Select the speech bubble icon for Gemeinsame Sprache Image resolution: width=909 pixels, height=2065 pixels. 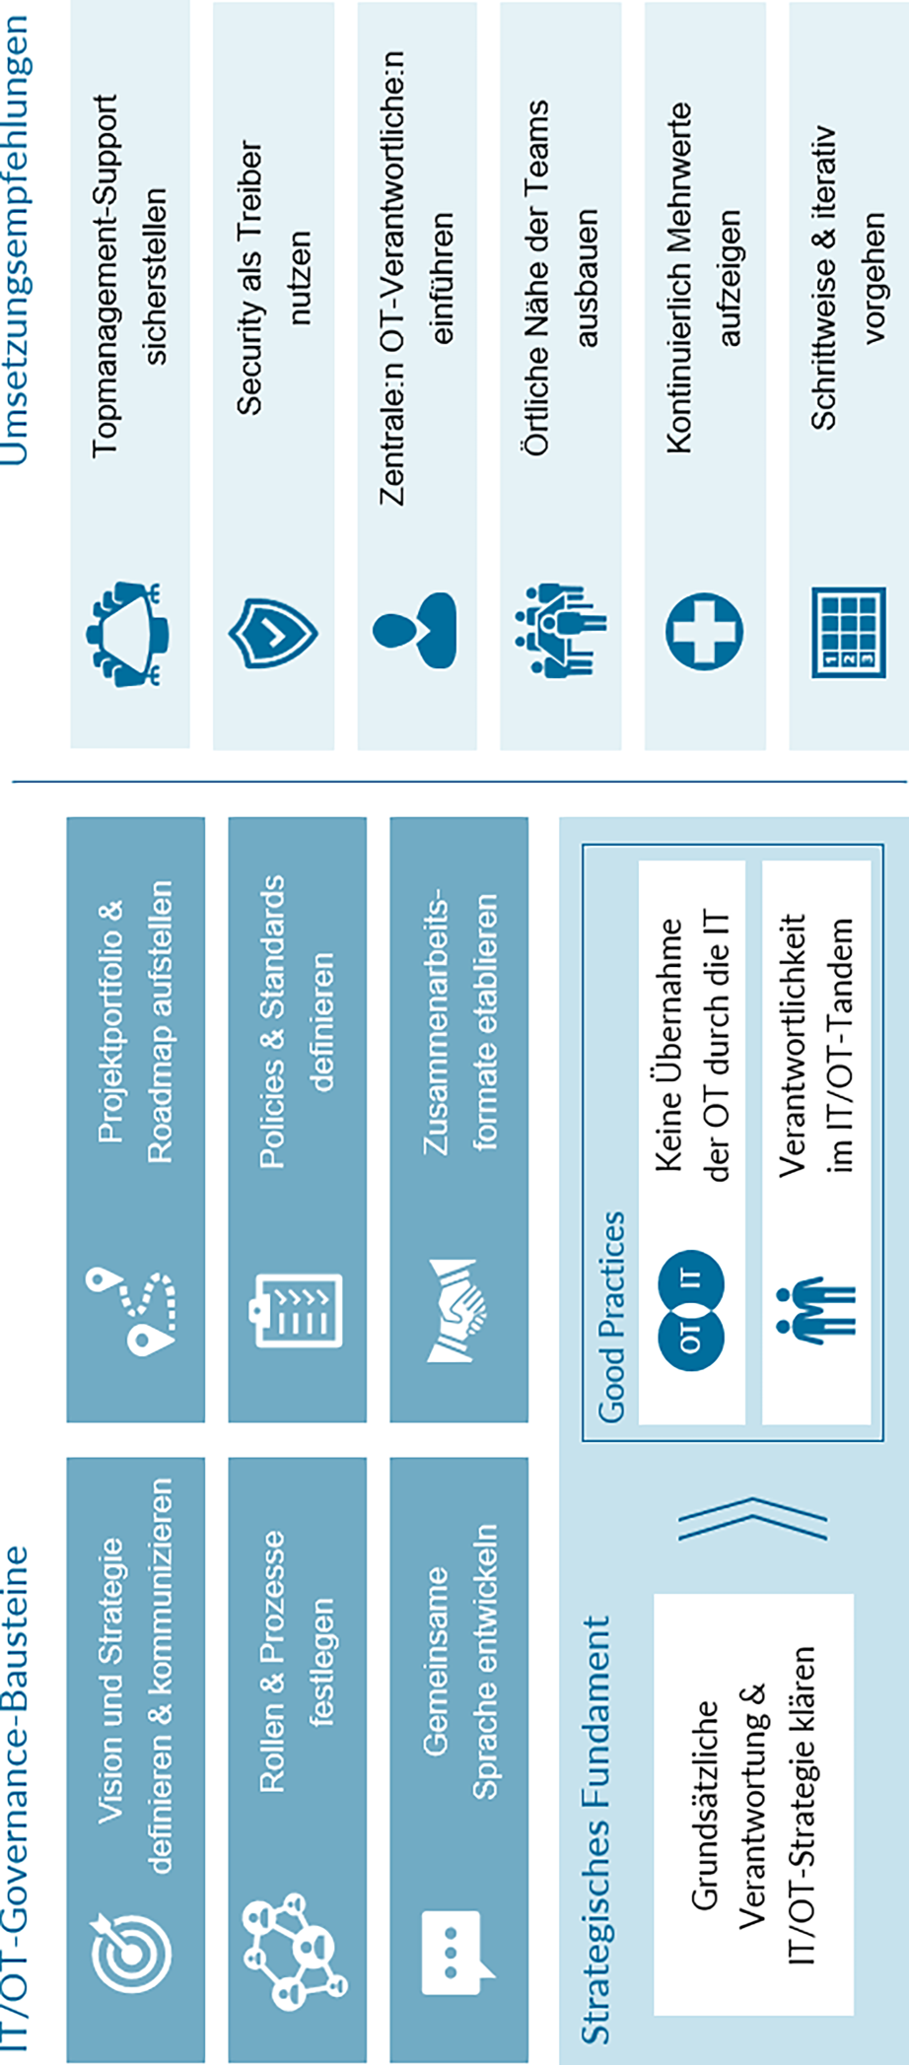(x=456, y=1953)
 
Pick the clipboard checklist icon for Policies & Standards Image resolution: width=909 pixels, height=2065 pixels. (x=298, y=1310)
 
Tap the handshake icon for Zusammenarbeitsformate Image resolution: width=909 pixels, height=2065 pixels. (x=457, y=1310)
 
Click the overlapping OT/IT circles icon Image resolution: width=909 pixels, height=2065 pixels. (x=691, y=1310)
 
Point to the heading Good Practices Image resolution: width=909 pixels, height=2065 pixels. (x=612, y=1316)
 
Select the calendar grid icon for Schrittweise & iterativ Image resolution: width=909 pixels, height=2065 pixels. (x=848, y=632)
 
